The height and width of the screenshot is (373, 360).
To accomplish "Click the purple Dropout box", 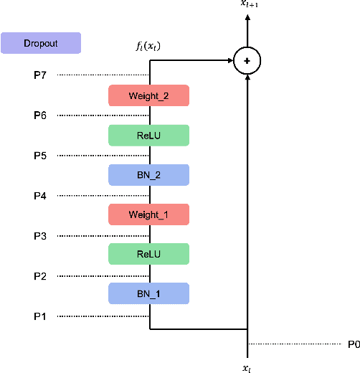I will pos(40,44).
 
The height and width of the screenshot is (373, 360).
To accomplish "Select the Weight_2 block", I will pos(148,96).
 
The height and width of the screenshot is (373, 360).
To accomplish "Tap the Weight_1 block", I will pos(148,214).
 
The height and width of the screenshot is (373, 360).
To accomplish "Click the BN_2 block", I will pos(148,175).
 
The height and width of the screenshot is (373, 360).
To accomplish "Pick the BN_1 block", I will pos(148,293).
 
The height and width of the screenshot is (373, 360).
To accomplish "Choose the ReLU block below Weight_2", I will pos(148,136).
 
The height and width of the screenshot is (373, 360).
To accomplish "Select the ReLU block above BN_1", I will pos(148,254).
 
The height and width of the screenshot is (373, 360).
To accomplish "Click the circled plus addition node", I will pos(247,62).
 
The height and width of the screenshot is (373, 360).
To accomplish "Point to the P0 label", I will pos(353,344).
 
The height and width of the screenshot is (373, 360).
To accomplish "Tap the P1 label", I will pos(40,316).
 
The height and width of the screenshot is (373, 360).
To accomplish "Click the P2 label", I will pos(40,276).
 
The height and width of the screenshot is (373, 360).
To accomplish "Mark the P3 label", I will pos(40,236).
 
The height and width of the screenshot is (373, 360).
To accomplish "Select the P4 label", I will pos(40,196).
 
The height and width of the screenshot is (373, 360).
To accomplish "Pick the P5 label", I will pos(40,156).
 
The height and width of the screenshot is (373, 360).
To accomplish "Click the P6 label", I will pos(40,115).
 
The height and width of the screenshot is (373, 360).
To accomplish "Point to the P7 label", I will pos(40,75).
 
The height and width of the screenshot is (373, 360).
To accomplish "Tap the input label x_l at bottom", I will pos(247,366).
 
